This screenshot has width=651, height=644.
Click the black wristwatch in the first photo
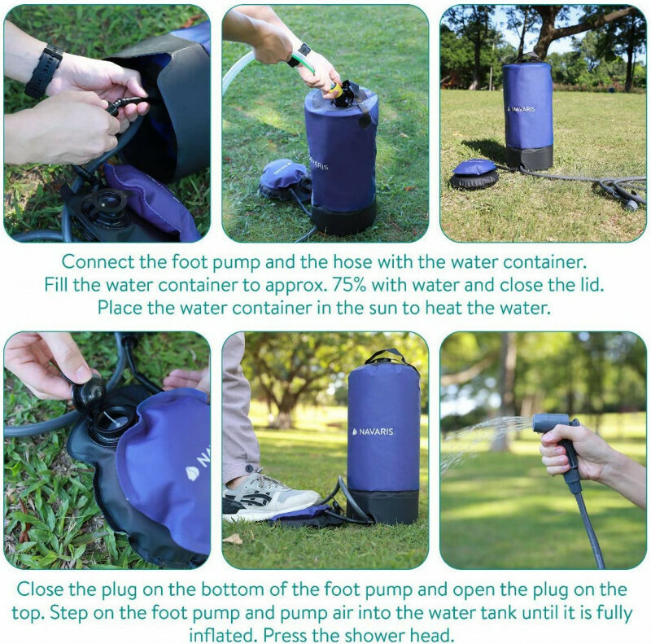[x=44, y=72]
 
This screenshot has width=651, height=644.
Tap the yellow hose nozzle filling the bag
[x=338, y=90]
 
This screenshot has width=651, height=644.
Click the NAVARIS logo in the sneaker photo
[x=373, y=432]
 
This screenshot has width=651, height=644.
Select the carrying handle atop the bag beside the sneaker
[x=385, y=356]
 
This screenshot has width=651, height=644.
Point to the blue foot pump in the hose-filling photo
[x=283, y=179]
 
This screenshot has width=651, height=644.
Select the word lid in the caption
[x=592, y=285]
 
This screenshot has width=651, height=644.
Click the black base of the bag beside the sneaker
[x=382, y=506]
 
